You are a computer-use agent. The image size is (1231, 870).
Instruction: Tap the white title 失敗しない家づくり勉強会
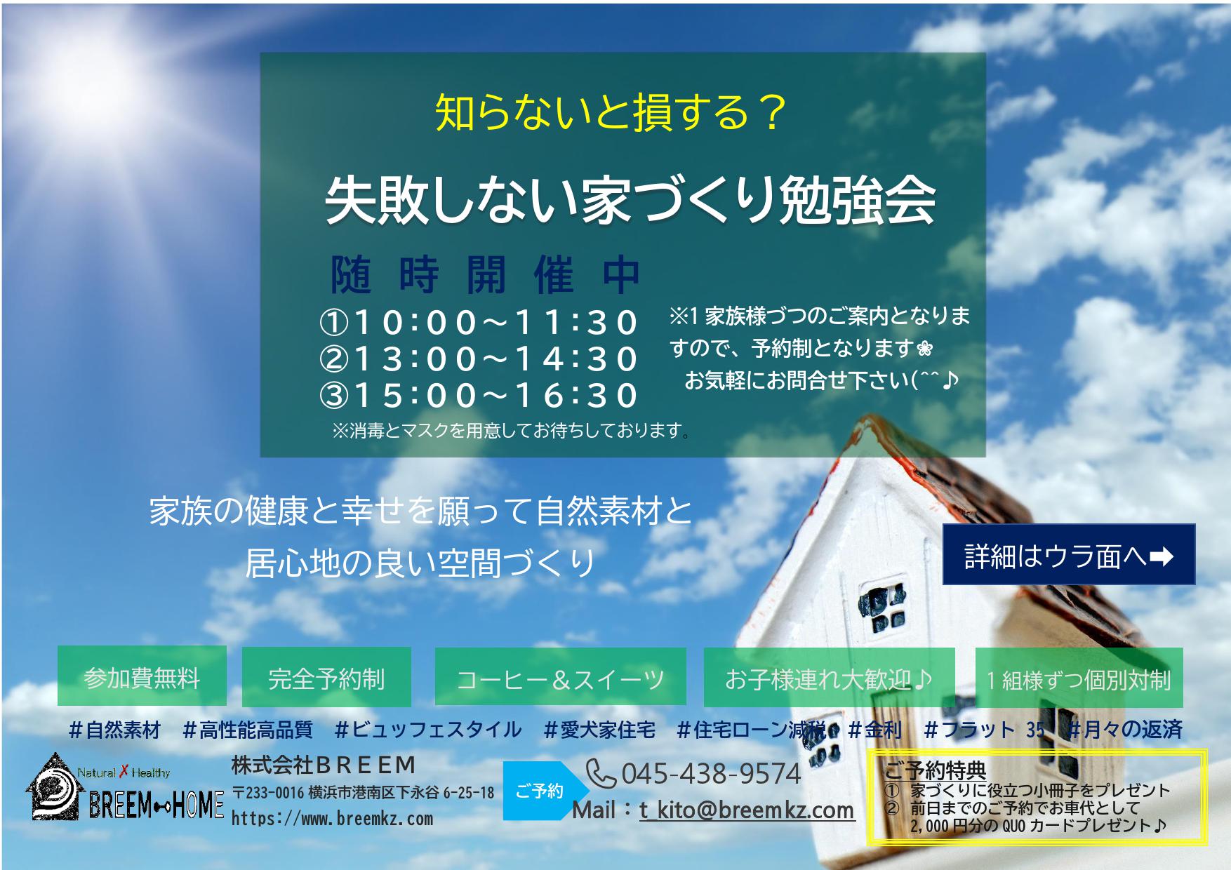[630, 201]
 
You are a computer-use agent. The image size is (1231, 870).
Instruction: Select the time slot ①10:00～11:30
[478, 323]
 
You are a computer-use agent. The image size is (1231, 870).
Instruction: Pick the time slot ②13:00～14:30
[478, 359]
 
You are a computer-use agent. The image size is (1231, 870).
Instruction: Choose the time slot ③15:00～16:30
[478, 396]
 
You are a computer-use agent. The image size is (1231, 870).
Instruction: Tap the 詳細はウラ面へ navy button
[1068, 554]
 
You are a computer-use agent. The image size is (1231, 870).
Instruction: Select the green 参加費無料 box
[142, 676]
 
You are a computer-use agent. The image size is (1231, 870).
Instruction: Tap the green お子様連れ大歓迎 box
[829, 677]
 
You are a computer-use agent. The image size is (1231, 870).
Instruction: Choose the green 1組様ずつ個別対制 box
[1079, 677]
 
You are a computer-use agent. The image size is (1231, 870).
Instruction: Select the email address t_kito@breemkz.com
[747, 810]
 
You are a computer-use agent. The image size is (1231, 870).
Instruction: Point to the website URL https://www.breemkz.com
[332, 819]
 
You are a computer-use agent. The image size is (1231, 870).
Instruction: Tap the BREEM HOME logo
[125, 788]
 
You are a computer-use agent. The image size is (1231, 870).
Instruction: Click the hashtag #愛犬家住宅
[599, 730]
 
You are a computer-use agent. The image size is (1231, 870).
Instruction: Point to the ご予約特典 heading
[934, 770]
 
